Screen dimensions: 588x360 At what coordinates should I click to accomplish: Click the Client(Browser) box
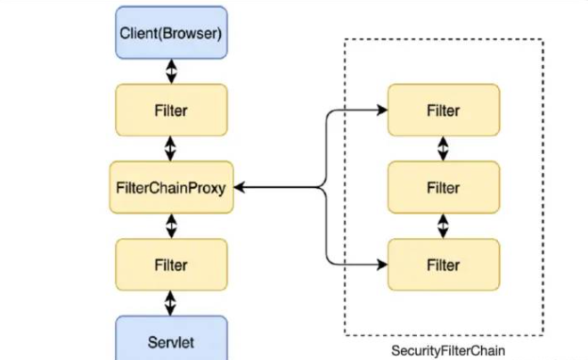pos(171,33)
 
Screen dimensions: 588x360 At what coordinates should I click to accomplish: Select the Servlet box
pos(171,338)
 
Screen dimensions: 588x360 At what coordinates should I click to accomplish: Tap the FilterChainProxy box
pos(171,187)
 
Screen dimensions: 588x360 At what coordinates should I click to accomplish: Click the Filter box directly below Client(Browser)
pos(171,110)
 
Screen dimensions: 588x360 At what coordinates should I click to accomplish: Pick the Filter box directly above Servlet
pos(171,265)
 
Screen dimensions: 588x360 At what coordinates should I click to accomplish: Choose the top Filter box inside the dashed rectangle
pos(444,110)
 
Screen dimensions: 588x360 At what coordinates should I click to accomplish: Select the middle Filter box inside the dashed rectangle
pos(444,187)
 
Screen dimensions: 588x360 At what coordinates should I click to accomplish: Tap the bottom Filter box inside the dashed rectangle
pos(444,265)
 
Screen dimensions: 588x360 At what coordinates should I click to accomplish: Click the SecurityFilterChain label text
pos(448,351)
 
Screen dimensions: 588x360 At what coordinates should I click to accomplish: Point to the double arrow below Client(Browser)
pos(171,71)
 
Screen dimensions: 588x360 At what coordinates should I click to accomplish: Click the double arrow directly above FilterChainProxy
pos(171,149)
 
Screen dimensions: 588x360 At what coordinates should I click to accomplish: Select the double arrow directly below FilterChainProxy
pos(171,226)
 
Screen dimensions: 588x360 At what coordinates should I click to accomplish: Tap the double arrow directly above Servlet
pos(171,303)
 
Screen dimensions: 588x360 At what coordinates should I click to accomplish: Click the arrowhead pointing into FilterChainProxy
pos(240,187)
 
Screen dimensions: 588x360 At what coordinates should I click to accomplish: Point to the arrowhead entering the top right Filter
pos(382,110)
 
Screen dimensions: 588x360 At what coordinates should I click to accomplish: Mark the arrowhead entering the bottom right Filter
pos(382,265)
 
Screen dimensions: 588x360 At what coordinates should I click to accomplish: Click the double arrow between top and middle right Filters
pos(444,149)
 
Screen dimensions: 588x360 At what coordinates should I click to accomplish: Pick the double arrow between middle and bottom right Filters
pos(444,226)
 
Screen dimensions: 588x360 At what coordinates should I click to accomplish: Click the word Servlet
pos(171,342)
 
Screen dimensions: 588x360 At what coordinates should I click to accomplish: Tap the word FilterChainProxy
pos(171,188)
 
